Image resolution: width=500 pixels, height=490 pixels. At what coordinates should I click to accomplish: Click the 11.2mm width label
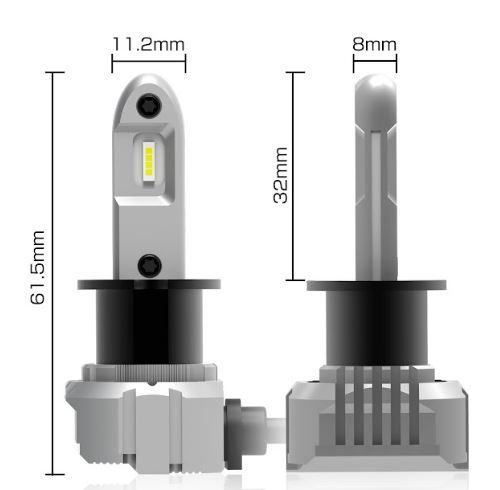point(147,45)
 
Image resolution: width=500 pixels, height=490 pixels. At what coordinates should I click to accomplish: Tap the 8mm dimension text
point(374,45)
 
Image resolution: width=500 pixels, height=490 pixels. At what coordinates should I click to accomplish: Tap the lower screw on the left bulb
point(150,264)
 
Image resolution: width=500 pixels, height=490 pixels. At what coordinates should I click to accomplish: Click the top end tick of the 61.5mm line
point(53,72)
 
